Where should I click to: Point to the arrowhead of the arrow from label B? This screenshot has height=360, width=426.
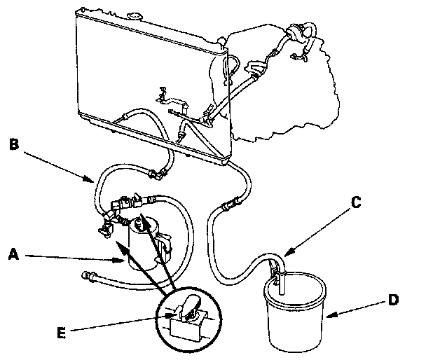(x=97, y=181)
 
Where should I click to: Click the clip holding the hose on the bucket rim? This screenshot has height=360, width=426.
(x=277, y=268)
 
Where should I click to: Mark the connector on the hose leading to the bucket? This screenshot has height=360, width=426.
(x=226, y=206)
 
